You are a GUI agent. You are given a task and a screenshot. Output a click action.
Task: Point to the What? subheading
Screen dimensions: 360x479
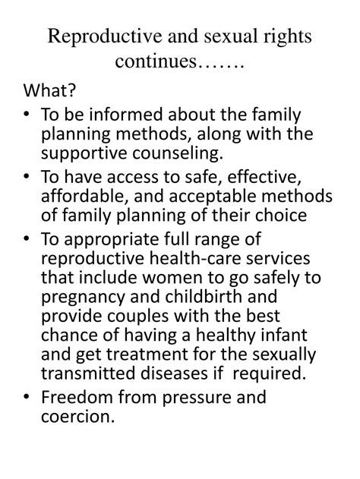49,93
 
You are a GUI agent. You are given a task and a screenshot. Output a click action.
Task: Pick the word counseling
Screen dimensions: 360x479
181,154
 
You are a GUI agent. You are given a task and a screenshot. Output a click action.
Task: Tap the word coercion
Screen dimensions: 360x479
73,417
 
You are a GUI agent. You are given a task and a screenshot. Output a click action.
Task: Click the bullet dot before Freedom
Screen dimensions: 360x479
27,398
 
